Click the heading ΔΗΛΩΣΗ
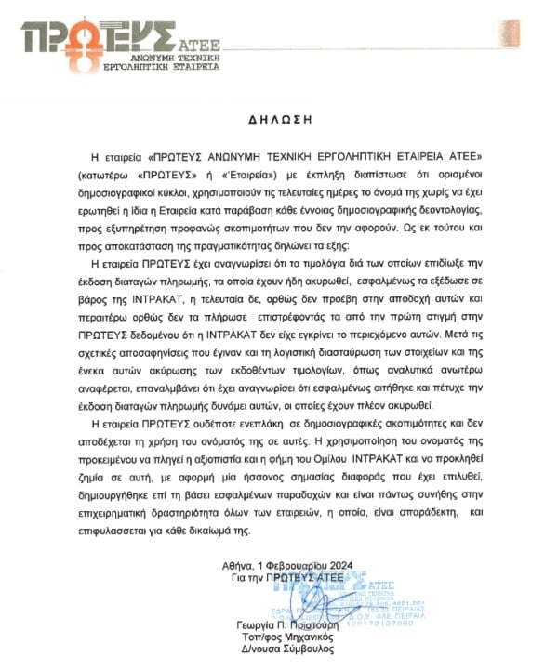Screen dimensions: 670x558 click(278, 120)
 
